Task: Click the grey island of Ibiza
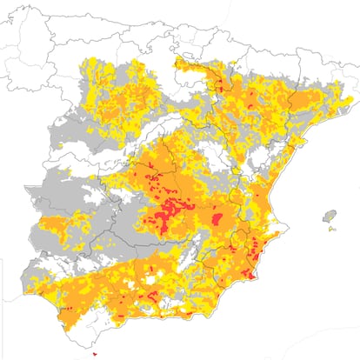329,216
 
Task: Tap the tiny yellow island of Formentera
331,230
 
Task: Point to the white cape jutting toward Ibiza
283,203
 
